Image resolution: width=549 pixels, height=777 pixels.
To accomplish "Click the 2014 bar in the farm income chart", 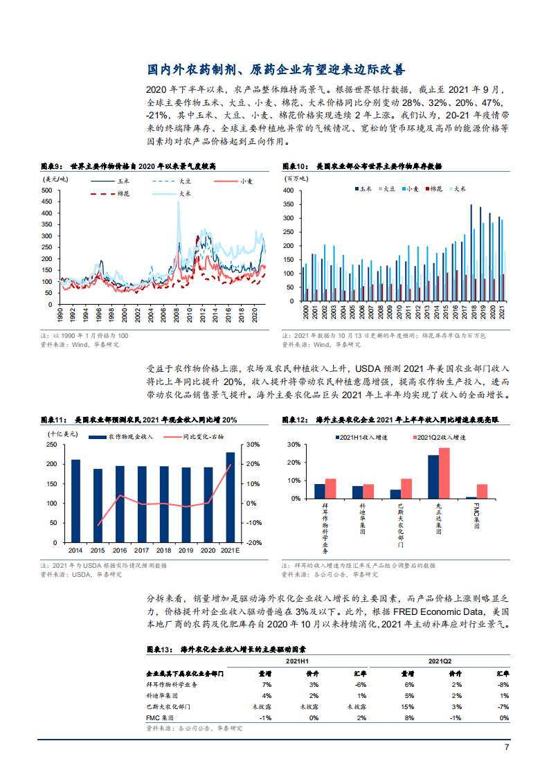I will (75, 501).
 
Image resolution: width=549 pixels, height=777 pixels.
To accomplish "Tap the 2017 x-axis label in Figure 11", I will (142, 551).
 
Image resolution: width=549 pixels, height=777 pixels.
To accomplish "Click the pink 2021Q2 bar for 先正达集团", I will (444, 473).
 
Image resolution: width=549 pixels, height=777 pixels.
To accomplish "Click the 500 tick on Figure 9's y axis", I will (48, 190).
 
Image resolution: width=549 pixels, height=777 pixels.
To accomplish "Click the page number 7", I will (506, 748).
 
